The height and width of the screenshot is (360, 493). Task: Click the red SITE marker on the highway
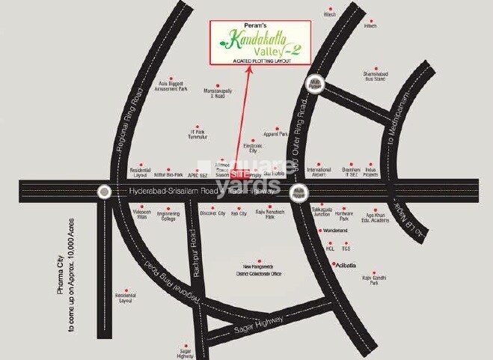click(237, 173)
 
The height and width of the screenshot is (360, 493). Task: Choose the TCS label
click(346, 248)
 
